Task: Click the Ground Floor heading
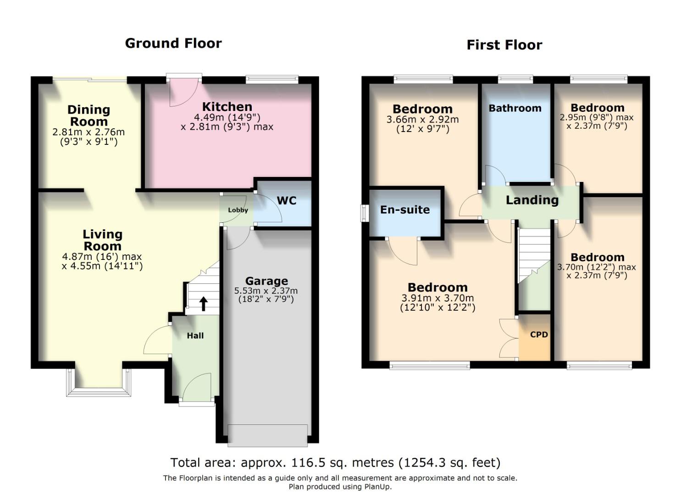[173, 43]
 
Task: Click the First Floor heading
[504, 45]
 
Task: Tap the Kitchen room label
[227, 107]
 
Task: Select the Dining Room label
[89, 115]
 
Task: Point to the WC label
[287, 201]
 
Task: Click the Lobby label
[238, 210]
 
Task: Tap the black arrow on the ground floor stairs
[203, 303]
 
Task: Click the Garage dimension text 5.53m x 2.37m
[266, 291]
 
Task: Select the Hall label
[195, 335]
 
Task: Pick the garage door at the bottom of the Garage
[268, 435]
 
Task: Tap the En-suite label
[405, 210]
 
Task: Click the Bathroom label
[515, 108]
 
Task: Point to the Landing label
[532, 200]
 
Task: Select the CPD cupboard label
[539, 335]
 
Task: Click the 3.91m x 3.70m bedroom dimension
[437, 298]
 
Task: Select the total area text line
[335, 462]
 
